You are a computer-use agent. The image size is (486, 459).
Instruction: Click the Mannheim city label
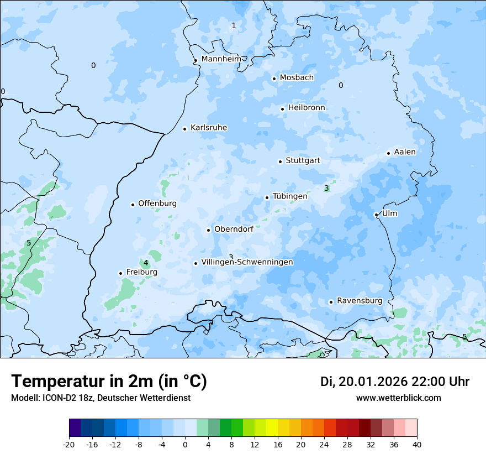pyautogui.click(x=221, y=59)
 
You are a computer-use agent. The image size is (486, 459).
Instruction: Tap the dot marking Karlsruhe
pyautogui.click(x=185, y=129)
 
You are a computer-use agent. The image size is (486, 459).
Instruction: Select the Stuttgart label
pyautogui.click(x=303, y=161)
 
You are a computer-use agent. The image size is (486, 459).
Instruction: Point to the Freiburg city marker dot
pyautogui.click(x=120, y=273)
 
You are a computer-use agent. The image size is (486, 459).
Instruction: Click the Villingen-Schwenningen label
pyautogui.click(x=247, y=262)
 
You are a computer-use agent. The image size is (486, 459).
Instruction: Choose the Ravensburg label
pyautogui.click(x=360, y=301)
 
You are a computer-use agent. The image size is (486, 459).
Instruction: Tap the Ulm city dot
pyautogui.click(x=376, y=215)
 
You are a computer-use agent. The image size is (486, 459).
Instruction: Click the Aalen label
pyautogui.click(x=405, y=152)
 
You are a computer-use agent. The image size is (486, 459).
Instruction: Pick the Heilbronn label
pyautogui.click(x=307, y=108)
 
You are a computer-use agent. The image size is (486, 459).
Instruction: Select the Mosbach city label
pyautogui.click(x=297, y=78)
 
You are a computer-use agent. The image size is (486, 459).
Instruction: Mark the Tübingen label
pyautogui.click(x=290, y=196)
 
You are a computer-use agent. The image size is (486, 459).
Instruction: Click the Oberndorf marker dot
pyautogui.click(x=208, y=230)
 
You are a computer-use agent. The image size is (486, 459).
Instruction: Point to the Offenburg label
pyautogui.click(x=157, y=204)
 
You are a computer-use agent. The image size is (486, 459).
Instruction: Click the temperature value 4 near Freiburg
pyautogui.click(x=146, y=263)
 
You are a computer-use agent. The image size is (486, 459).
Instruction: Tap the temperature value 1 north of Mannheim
pyautogui.click(x=234, y=25)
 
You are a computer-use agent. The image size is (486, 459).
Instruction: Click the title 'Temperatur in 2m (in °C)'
pyautogui.click(x=109, y=382)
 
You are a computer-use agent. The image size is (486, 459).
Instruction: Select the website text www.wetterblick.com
pyautogui.click(x=398, y=398)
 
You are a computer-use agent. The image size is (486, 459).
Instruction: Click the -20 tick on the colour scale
pyautogui.click(x=69, y=444)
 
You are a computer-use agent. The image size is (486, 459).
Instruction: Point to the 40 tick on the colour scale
pyautogui.click(x=416, y=444)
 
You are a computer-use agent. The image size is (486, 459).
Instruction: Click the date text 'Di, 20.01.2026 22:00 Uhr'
pyautogui.click(x=395, y=382)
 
